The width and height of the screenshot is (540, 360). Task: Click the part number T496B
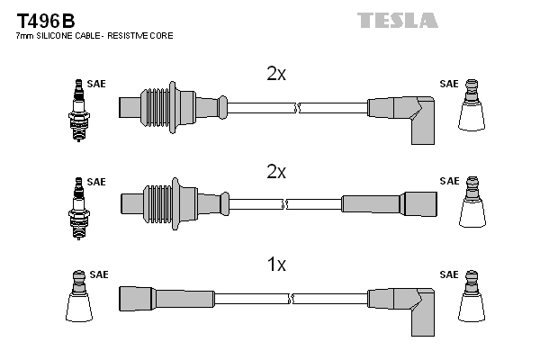click(x=44, y=19)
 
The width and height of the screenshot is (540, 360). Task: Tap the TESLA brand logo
click(x=397, y=20)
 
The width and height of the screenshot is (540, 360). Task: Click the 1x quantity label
click(x=276, y=265)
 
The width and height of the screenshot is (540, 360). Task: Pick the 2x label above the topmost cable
click(x=276, y=75)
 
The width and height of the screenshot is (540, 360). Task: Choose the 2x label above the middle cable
click(x=276, y=171)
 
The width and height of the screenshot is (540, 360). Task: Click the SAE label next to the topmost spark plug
click(x=96, y=84)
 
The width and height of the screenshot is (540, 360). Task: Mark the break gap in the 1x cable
click(x=297, y=297)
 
